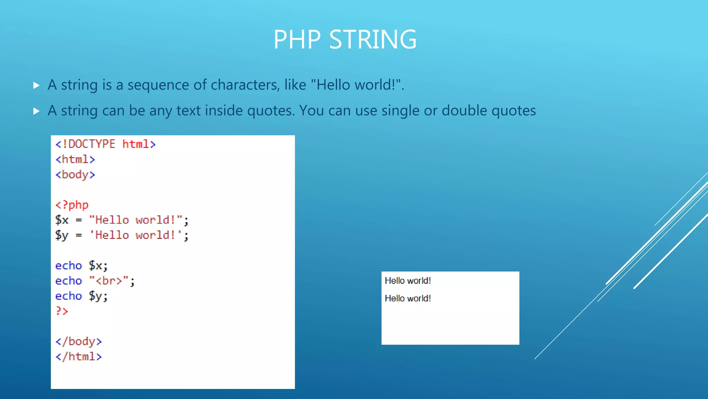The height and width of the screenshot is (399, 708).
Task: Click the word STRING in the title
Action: pyautogui.click(x=373, y=39)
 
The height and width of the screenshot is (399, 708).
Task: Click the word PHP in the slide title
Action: pyautogui.click(x=297, y=39)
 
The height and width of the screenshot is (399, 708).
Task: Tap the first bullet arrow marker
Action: pyautogui.click(x=36, y=85)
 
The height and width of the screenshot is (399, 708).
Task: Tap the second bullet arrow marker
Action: pyautogui.click(x=36, y=111)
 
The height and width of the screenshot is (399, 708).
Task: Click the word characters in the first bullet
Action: pyautogui.click(x=245, y=85)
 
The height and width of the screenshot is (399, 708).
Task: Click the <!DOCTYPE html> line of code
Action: pyautogui.click(x=105, y=144)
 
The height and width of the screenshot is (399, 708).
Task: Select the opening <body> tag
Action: pyautogui.click(x=75, y=175)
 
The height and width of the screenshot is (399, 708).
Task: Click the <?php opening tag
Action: pyautogui.click(x=72, y=205)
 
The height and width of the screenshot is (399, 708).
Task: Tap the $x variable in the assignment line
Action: pyautogui.click(x=62, y=220)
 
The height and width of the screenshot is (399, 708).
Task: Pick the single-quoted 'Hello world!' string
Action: pyautogui.click(x=136, y=235)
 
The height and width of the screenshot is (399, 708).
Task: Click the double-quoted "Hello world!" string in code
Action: pyautogui.click(x=136, y=220)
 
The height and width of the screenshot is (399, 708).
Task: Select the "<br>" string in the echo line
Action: pyautogui.click(x=109, y=281)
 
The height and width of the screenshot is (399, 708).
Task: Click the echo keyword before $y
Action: pyautogui.click(x=68, y=296)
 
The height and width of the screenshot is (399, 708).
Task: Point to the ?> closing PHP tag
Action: pyautogui.click(x=62, y=311)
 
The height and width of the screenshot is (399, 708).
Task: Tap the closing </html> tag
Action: pyautogui.click(x=78, y=357)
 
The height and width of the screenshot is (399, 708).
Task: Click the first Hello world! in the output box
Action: pyautogui.click(x=408, y=281)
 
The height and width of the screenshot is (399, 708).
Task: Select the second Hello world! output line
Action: pyautogui.click(x=408, y=298)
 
